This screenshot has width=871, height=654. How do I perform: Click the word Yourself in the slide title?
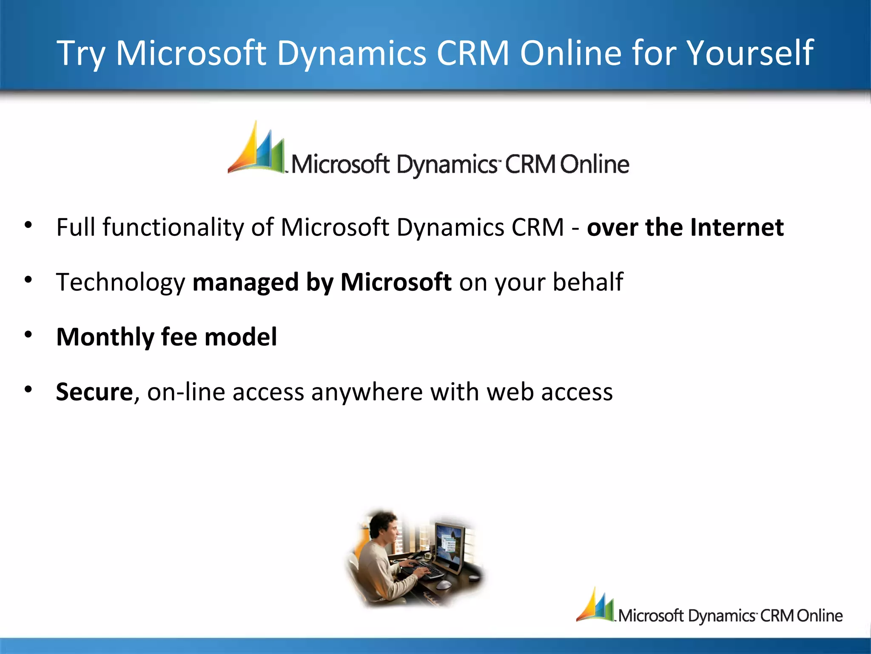[750, 53]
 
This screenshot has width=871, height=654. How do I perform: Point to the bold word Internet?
[737, 227]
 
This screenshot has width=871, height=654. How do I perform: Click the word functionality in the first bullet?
[173, 227]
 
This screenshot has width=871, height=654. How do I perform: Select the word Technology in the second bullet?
[121, 282]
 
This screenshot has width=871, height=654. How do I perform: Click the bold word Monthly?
[105, 337]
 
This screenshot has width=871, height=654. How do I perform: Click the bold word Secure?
[94, 392]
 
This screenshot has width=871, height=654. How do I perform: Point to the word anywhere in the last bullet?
[367, 392]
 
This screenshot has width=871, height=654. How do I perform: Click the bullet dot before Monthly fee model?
[28, 335]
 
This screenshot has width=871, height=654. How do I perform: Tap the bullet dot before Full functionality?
[28, 225]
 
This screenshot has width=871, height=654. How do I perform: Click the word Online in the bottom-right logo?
[820, 616]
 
